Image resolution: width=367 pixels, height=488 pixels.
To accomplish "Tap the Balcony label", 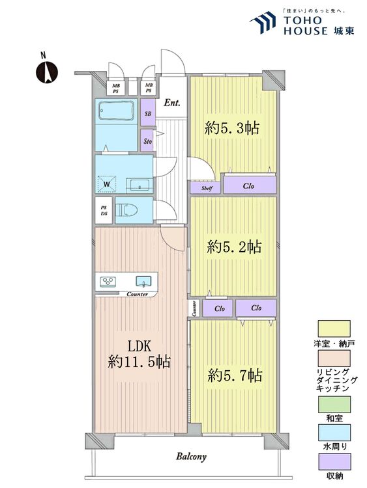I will [x=191, y=457].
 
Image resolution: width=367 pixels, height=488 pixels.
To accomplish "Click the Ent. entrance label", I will [x=172, y=103].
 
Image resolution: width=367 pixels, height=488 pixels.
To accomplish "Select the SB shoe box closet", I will [x=148, y=113].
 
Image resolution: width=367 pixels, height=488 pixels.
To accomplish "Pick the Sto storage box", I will [x=148, y=139].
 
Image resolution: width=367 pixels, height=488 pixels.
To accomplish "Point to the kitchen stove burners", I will [x=107, y=282].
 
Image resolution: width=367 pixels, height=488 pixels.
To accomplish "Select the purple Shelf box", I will [x=207, y=187].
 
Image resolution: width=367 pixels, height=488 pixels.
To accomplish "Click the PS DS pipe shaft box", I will [x=104, y=210].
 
